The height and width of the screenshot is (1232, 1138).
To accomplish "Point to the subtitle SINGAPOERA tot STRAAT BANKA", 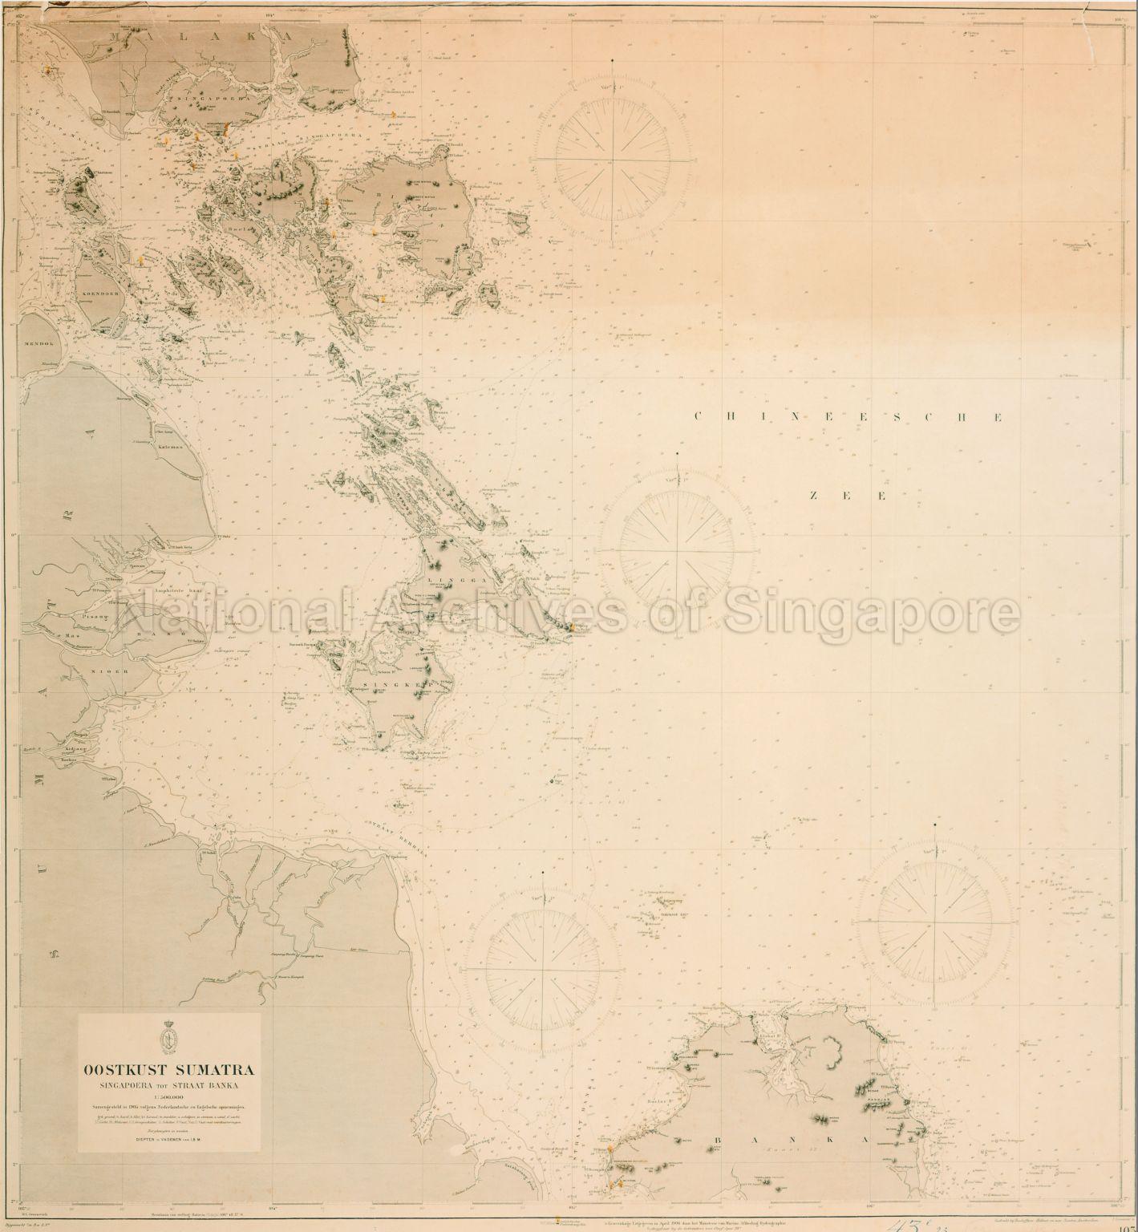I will point(168,1086).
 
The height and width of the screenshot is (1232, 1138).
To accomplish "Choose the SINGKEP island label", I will point(410,684).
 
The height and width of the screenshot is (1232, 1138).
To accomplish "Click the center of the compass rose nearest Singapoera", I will point(614,159).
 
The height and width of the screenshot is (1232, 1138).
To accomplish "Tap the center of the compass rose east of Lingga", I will point(678,551).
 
